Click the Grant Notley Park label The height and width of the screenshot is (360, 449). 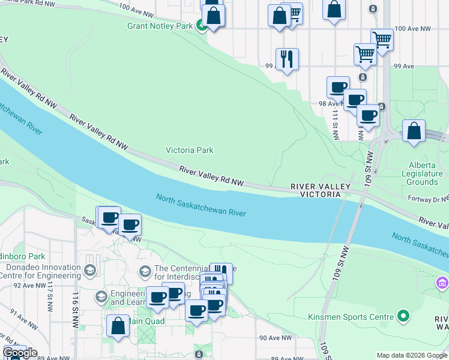tap(160, 26)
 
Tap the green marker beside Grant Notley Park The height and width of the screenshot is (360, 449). tap(202, 26)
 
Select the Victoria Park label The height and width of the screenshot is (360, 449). tap(189, 150)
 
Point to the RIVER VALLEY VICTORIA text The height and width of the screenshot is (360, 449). tap(320, 191)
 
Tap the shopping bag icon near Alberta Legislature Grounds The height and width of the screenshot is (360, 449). tap(414, 131)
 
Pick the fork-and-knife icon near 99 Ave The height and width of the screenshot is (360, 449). tap(286, 59)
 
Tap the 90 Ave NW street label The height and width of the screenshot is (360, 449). tap(275, 338)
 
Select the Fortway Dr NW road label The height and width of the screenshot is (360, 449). tap(429, 198)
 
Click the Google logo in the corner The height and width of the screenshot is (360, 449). tap(19, 353)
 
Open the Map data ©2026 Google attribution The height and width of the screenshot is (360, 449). tap(411, 355)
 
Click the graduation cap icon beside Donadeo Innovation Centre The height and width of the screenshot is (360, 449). tap(90, 271)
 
